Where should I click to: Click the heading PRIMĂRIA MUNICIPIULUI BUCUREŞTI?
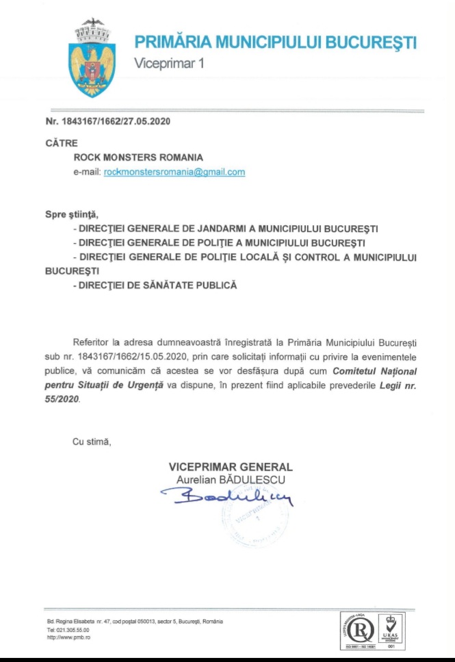275,43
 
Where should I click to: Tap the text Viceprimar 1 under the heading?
169,64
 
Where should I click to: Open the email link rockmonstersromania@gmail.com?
174,173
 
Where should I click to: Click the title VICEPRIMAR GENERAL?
231,467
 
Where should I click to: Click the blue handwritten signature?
226,497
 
